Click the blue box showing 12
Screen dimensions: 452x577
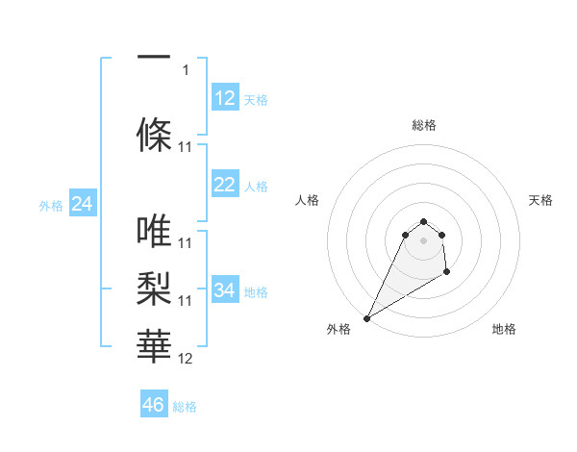pos(225,98)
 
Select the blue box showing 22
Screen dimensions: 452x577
pos(225,185)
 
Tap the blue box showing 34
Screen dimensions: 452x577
pos(225,290)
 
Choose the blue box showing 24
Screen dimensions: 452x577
pos(82,204)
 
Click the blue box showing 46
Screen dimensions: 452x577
pos(154,405)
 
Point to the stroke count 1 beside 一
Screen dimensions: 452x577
pos(186,70)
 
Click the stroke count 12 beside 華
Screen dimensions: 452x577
pos(186,359)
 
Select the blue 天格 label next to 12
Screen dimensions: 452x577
pos(256,99)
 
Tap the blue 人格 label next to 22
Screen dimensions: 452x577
pos(256,186)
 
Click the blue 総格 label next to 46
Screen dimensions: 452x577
pos(185,407)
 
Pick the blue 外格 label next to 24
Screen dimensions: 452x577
pos(51,205)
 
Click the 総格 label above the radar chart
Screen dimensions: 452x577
pos(424,125)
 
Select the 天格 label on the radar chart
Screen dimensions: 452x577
pos(541,200)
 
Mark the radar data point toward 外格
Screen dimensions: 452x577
pos(366,318)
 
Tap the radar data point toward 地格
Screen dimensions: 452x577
pos(446,273)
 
